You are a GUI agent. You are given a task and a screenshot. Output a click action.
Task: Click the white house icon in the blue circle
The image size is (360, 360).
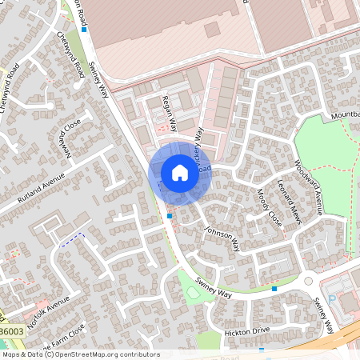pos(179,172)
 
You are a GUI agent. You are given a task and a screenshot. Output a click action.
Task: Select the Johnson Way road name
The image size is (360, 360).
pos(221,238)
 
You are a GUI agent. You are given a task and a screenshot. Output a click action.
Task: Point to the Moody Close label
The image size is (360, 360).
pos(269,208)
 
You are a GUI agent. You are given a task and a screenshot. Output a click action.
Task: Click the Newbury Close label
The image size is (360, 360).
pos(66,137)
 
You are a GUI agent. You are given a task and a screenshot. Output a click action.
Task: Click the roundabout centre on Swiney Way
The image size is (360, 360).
pos(308,281)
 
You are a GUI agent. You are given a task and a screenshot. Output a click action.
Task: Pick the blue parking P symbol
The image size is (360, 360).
pos(332,298)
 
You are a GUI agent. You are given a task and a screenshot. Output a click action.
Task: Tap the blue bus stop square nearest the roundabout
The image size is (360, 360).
pos(274,288)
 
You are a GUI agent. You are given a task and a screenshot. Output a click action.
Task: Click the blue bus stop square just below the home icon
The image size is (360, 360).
pos(170,215)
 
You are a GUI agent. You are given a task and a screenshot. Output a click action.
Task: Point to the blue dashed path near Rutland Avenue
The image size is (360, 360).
pos(72,239)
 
